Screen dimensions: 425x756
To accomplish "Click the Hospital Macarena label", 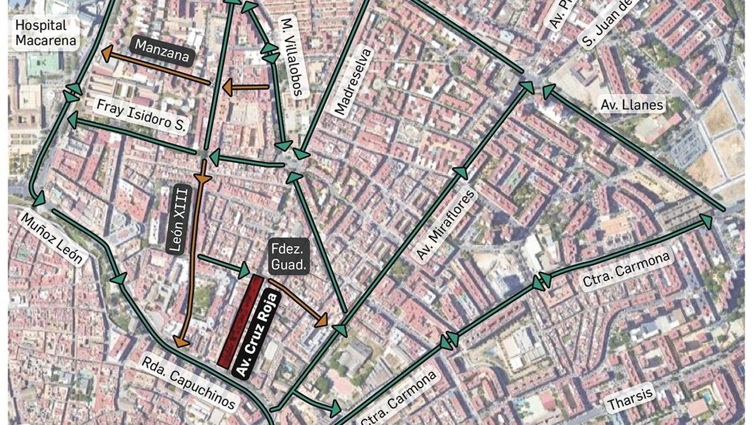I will tap(45, 32).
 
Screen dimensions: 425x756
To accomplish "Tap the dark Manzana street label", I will tap(162, 51).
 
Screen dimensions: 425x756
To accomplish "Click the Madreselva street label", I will tap(353, 82).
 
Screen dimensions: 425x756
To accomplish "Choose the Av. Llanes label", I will tap(632, 104).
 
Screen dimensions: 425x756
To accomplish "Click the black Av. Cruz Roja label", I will tap(258, 335).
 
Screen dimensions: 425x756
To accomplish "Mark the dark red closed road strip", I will tap(240, 321).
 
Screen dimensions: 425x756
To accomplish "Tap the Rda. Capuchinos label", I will tap(189, 382).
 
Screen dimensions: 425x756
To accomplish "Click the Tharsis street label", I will tap(630, 398).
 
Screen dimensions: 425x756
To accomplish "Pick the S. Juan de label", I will tap(605, 24).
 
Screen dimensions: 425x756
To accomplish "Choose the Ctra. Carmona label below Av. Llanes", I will tap(626, 270).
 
